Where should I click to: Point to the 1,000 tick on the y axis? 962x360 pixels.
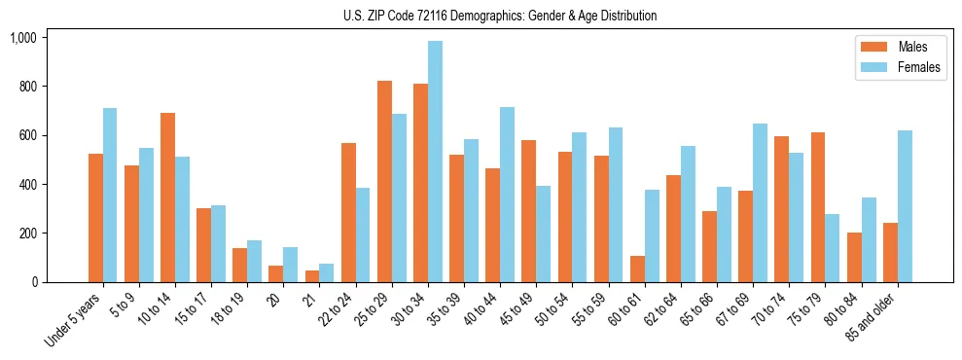22,38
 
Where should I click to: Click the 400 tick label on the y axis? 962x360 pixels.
26,185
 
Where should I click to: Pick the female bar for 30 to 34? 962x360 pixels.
435,162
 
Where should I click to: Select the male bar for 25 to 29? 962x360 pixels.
384,182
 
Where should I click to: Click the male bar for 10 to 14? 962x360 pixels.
167,198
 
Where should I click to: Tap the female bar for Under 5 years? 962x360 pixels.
110,195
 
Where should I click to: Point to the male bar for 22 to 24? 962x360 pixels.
348,213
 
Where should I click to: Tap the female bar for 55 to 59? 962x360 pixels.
616,205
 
